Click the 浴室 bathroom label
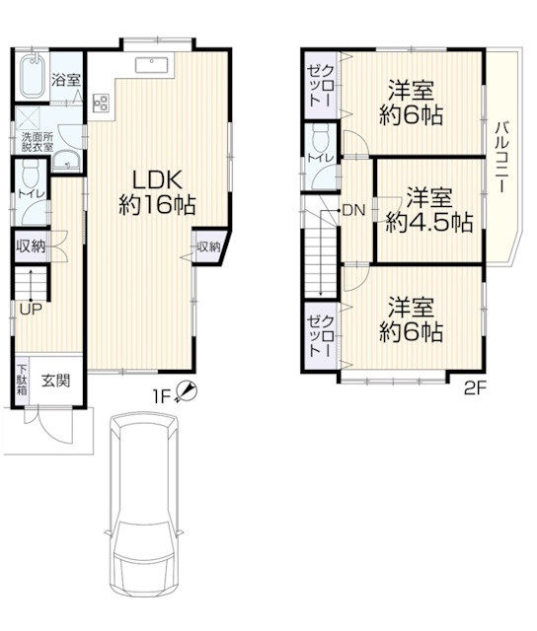coord(66,80)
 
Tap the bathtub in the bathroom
coord(31,76)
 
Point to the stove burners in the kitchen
coord(101,103)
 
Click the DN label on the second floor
coord(353,210)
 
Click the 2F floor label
coord(476,388)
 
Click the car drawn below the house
coord(143,513)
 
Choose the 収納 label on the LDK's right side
coord(208,246)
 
